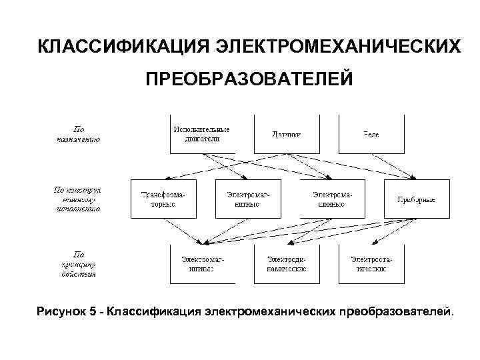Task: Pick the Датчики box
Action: (x=286, y=134)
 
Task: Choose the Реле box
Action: (x=371, y=134)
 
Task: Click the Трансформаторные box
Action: (x=164, y=199)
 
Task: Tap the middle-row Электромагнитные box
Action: (x=247, y=199)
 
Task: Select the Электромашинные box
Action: (x=332, y=199)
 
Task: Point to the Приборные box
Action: (x=416, y=199)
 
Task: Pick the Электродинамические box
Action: (x=286, y=263)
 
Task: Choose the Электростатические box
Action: (x=371, y=263)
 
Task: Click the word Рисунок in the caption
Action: (x=61, y=312)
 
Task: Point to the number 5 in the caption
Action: (x=93, y=312)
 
